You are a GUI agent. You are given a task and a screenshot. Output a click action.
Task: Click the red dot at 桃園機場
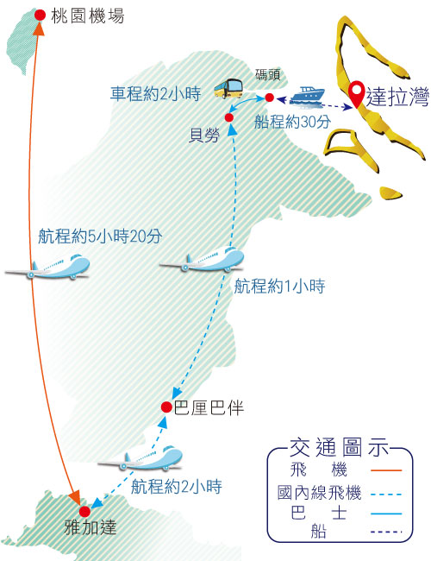click(x=40, y=15)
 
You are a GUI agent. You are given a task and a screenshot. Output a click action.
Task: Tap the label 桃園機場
click(x=88, y=16)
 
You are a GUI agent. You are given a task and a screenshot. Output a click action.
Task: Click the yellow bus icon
click(x=228, y=88)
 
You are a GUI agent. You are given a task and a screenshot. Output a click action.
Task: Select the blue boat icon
click(x=308, y=97)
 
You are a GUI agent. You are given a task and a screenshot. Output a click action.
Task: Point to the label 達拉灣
click(x=397, y=97)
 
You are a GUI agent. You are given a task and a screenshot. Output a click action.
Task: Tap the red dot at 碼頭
click(x=270, y=98)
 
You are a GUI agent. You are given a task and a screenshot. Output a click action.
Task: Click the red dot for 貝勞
click(x=229, y=117)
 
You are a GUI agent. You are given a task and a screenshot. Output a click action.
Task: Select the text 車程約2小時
click(x=155, y=94)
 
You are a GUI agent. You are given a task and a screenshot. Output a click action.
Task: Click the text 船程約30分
click(x=292, y=122)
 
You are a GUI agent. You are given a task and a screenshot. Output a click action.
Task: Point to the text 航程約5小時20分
click(x=100, y=236)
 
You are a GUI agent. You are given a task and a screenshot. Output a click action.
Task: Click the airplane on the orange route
click(x=47, y=268)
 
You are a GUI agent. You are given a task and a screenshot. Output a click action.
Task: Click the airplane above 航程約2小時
click(x=141, y=458)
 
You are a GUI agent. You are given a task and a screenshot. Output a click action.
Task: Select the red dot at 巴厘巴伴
click(x=166, y=407)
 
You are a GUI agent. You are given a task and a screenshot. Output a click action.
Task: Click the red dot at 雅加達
click(x=84, y=512)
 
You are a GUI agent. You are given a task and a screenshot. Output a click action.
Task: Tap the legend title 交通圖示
click(x=339, y=447)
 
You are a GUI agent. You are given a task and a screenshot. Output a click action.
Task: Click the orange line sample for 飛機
click(x=386, y=470)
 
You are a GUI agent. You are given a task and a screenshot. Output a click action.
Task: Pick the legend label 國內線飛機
click(x=320, y=493)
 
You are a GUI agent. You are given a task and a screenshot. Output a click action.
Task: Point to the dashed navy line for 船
click(x=386, y=532)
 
